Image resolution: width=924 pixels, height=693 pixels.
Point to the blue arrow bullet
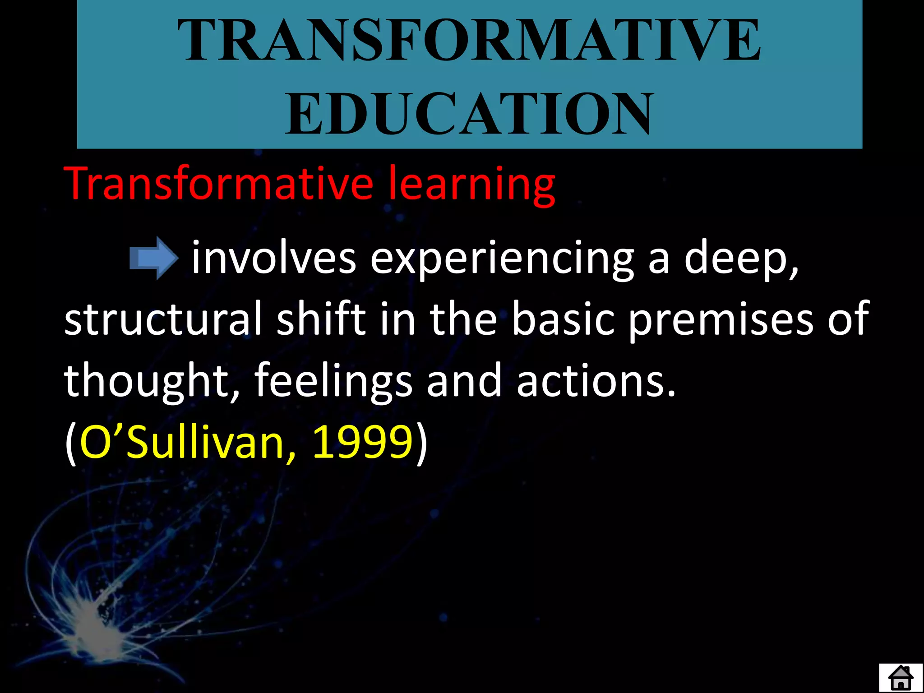[x=154, y=258]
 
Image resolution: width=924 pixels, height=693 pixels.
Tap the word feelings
[x=333, y=381]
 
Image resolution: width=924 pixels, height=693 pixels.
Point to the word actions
[x=596, y=381]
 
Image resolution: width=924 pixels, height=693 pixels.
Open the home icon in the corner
[x=901, y=678]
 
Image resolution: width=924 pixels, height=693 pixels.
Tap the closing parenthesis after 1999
[x=421, y=443]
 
